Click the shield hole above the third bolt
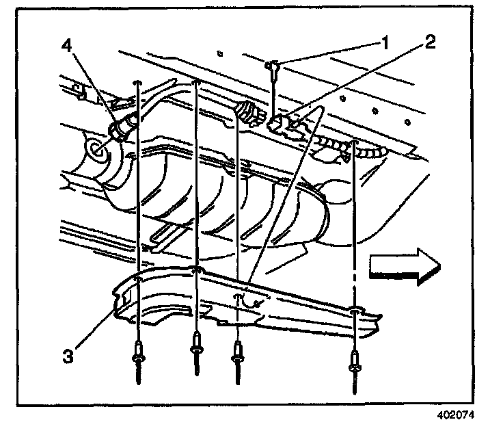pos(239,298)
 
